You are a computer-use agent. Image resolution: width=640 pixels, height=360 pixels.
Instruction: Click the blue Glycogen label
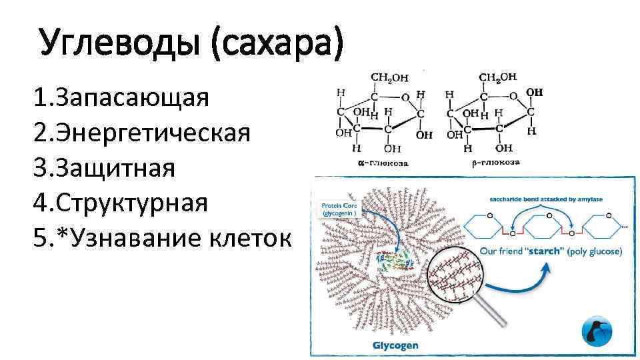[395, 345]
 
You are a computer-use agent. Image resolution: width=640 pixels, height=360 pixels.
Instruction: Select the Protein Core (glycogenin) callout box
[340, 210]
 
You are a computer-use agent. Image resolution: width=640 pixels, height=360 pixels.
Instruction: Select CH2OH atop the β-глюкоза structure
[497, 77]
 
